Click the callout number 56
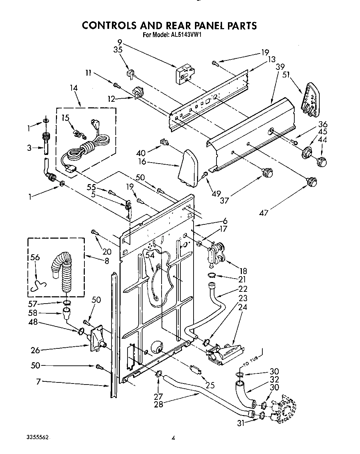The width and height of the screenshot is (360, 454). point(35,257)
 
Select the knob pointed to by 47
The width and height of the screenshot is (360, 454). point(312,181)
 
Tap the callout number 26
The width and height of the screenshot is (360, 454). point(35,350)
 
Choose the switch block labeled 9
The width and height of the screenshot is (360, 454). point(184,74)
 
